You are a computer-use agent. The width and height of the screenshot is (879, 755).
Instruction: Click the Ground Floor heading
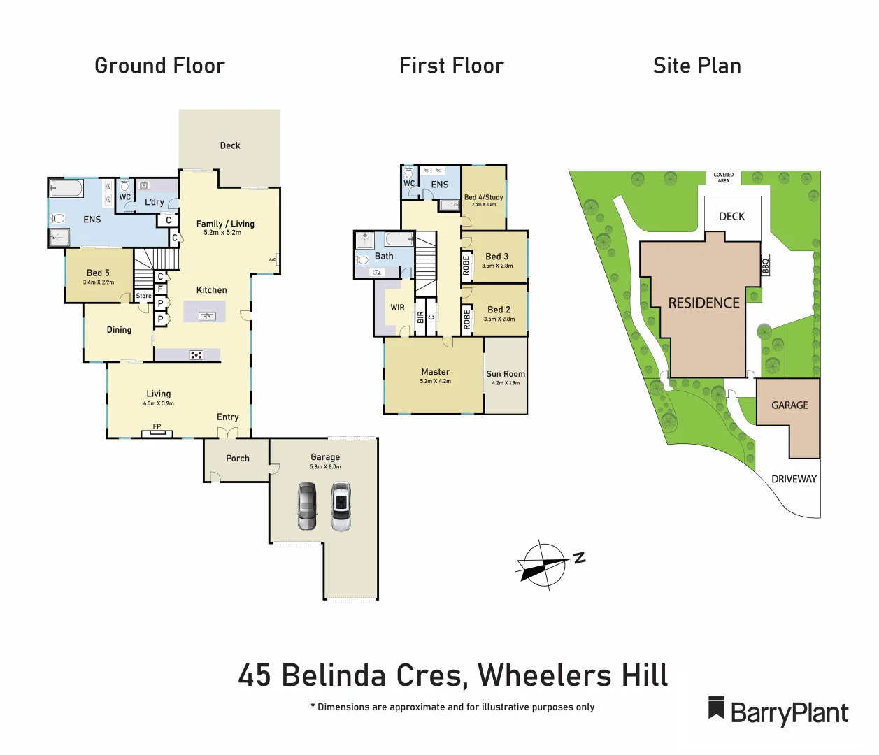[x=159, y=66]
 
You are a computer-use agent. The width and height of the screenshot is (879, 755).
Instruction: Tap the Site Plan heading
[x=696, y=66]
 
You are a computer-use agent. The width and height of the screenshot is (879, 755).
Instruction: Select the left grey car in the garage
[x=307, y=506]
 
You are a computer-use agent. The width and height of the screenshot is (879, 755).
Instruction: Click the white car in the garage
[x=341, y=506]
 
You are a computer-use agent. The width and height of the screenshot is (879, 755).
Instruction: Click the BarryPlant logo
[x=778, y=712]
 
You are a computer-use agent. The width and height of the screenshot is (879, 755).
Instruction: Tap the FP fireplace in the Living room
[x=157, y=431]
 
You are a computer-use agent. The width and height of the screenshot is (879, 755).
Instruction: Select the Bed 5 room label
[x=98, y=273]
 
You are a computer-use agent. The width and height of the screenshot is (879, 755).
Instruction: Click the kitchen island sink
[x=207, y=317]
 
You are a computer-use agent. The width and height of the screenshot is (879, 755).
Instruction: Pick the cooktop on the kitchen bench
[x=196, y=355]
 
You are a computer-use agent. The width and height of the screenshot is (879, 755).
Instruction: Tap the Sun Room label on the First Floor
[x=506, y=374]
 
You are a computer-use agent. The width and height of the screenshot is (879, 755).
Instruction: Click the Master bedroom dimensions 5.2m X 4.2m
[x=435, y=382]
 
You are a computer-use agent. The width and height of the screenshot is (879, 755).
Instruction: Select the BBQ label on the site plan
[x=766, y=266]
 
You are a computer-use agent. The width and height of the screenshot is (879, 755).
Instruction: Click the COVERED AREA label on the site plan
[x=723, y=178]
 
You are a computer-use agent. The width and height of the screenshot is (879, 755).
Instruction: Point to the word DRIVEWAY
[x=794, y=479]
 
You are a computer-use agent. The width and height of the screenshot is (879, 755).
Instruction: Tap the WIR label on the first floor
[x=397, y=307]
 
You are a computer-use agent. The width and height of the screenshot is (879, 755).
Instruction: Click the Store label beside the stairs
[x=144, y=296]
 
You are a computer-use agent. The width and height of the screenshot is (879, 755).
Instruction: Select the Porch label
[x=237, y=459]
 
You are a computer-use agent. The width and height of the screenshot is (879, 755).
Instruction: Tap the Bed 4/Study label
[x=483, y=197]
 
